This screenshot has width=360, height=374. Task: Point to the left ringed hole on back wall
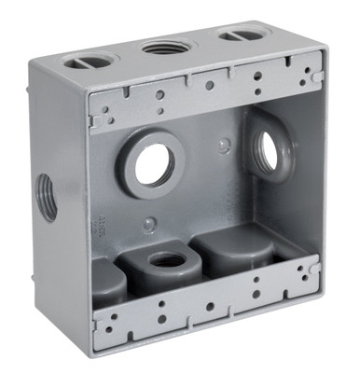(154, 164)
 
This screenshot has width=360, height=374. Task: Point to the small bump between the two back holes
(223, 145)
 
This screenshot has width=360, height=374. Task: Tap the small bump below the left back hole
(149, 224)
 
